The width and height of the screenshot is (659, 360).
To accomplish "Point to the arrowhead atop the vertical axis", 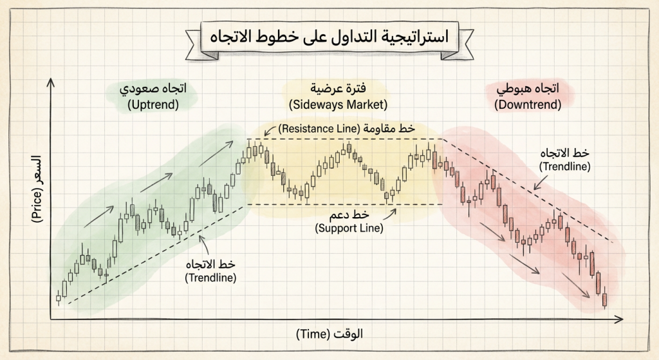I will coord(50,81).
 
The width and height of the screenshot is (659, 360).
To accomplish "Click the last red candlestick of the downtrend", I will coord(604,299).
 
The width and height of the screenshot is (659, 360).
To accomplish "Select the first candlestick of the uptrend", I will coord(58,298).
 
